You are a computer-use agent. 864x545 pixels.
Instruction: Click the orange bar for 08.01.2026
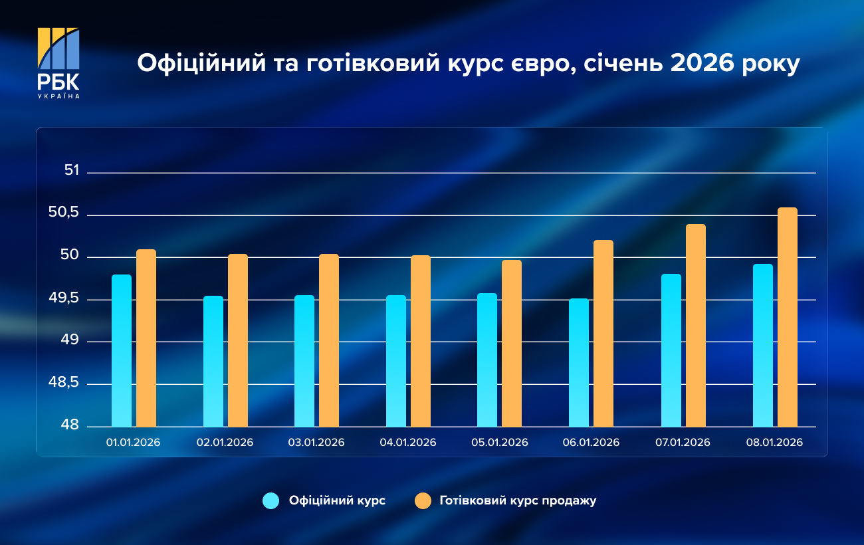788,317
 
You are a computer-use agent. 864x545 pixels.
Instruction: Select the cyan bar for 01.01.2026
122,350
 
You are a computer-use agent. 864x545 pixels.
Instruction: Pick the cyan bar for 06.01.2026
579,362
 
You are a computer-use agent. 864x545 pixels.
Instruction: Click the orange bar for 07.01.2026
696,326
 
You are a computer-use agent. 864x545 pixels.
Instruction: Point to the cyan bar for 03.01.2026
304,361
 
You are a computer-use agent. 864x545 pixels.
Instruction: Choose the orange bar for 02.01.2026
238,340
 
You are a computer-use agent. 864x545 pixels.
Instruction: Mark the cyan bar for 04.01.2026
396,361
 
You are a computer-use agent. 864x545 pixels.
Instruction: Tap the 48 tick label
71,425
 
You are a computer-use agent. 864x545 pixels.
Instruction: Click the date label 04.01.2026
407,443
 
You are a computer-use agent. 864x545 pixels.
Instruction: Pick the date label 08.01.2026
774,443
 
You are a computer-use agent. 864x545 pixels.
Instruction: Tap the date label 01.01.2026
133,443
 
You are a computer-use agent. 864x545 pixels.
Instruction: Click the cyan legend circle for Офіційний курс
271,501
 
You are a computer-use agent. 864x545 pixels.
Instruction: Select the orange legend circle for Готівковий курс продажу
423,501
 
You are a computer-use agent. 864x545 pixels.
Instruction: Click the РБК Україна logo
58,63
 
